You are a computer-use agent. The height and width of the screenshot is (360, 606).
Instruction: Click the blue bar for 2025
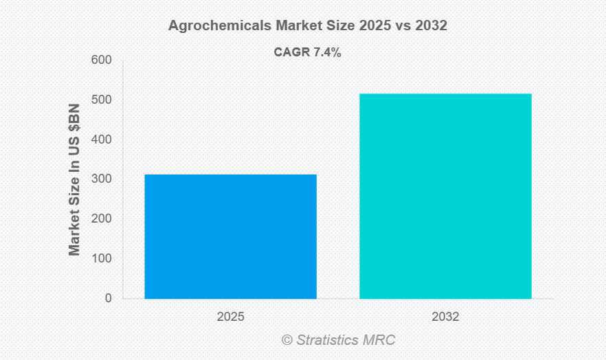[230, 236]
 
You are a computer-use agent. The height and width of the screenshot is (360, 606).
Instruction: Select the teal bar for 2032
[445, 196]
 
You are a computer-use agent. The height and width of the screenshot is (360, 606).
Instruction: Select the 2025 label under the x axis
[230, 317]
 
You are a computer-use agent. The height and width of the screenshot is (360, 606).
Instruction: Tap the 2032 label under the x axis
[445, 317]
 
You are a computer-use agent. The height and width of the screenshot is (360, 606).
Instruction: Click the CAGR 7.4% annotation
[308, 53]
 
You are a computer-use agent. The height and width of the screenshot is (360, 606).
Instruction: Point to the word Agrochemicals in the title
[218, 27]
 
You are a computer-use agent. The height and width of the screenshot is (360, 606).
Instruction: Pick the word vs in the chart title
[407, 27]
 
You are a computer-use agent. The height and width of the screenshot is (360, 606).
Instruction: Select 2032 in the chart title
[434, 27]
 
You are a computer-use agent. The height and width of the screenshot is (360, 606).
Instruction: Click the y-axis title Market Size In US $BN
[75, 179]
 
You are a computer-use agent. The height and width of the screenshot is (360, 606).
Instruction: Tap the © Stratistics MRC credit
[338, 340]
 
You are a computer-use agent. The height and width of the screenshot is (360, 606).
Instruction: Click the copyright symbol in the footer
[287, 340]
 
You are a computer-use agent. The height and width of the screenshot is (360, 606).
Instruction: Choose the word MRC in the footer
[380, 340]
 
